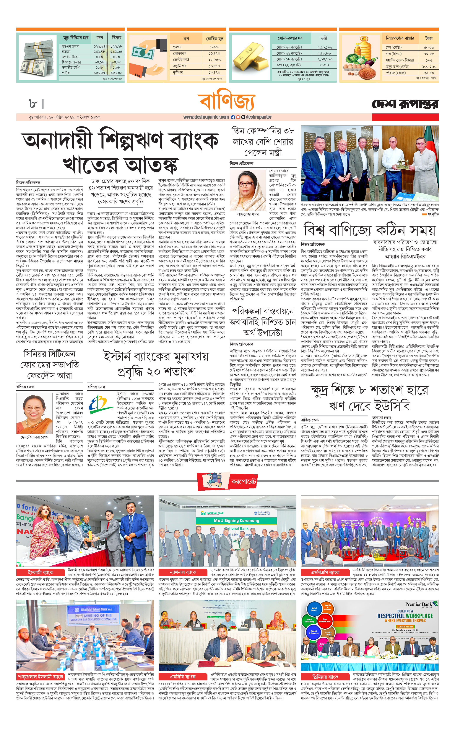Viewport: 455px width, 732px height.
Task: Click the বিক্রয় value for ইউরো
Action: (x=116, y=52)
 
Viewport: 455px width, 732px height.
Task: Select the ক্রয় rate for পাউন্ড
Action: (x=100, y=73)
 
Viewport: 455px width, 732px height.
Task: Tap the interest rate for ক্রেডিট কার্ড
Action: (x=214, y=60)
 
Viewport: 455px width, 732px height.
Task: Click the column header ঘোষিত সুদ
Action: (x=214, y=39)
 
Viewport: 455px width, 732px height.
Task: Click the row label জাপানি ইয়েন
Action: (x=71, y=57)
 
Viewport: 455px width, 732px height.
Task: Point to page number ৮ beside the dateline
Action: (x=33, y=104)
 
